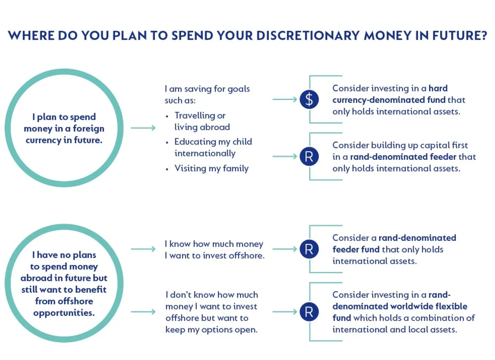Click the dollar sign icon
(309, 99)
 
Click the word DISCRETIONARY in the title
(308, 36)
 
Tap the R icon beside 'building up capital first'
(309, 157)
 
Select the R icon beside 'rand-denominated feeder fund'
(309, 249)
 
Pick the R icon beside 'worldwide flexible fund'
(309, 312)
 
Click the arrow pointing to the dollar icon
(285, 99)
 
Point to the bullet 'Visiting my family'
(211, 168)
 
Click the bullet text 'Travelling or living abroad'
(202, 121)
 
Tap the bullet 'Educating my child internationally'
(213, 147)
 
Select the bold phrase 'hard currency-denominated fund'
(390, 94)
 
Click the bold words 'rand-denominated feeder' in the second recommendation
(403, 157)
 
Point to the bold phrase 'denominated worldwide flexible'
(399, 307)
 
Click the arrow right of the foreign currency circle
(144, 128)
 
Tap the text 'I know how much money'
(214, 244)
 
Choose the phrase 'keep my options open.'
(211, 330)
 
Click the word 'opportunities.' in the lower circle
(64, 313)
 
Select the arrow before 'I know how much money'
(144, 249)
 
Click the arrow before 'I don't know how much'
(144, 312)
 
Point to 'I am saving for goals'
(207, 89)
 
